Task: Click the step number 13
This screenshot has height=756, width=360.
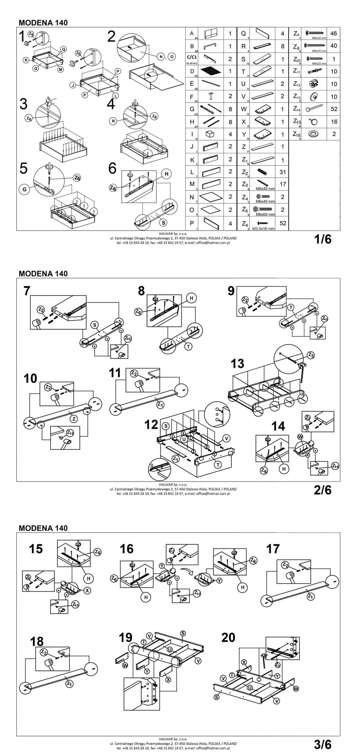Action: point(237,364)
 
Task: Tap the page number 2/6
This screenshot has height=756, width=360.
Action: point(323,490)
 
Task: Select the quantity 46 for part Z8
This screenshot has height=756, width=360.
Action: point(333,33)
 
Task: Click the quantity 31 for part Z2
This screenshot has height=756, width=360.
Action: point(283,172)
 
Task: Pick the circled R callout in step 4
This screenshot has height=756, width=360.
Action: point(113,121)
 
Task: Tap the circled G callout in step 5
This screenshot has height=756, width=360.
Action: point(25,190)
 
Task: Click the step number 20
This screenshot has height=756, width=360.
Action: point(228,637)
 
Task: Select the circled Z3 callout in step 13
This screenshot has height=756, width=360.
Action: point(311,355)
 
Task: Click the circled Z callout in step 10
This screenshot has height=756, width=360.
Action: point(73,419)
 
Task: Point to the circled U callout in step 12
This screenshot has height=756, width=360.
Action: point(184,439)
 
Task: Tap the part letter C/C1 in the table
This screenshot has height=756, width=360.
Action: point(192,57)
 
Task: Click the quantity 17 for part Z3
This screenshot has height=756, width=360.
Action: point(283,184)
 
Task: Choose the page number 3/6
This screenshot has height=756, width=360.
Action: point(323,744)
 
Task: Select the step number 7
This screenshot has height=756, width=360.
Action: point(27,291)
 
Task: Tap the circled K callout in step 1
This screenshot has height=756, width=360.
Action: point(26,60)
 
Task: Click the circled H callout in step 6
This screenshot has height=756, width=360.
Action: point(166,174)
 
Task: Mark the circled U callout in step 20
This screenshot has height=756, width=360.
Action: point(250,688)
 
